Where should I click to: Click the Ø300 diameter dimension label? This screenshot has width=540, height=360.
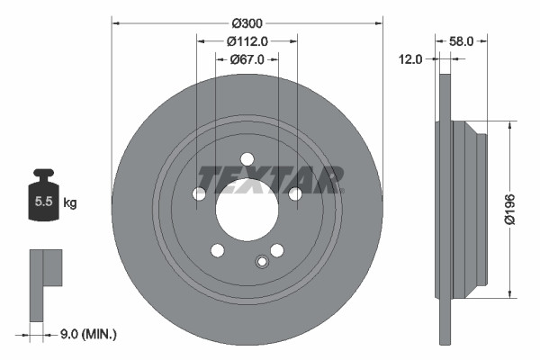(x=247, y=22)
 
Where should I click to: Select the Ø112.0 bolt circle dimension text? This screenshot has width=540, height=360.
(x=247, y=40)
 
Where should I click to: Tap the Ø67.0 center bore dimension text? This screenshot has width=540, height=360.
(x=246, y=59)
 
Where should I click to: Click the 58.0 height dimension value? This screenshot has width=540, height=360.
(x=462, y=40)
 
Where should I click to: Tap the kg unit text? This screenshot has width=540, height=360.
(x=70, y=203)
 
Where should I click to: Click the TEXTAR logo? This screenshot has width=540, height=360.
(x=270, y=180)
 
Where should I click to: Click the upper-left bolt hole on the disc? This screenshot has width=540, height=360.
(x=200, y=193)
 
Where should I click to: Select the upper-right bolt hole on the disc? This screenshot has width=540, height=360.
(x=294, y=193)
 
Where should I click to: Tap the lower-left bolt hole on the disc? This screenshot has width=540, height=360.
(x=217, y=250)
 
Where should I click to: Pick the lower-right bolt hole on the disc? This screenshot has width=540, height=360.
(x=277, y=250)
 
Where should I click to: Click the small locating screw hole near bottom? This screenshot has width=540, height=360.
(x=262, y=262)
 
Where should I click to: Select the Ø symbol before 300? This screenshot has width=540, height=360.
(x=235, y=22)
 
